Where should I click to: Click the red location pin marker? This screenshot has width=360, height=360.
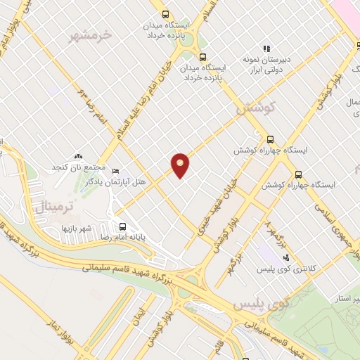pyautogui.click(x=181, y=165)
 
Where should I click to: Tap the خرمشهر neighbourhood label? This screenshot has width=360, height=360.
pyautogui.click(x=92, y=34)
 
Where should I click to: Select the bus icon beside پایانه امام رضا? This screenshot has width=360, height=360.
pyautogui.click(x=123, y=226)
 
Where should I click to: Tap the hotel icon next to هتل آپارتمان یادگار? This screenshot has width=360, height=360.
pyautogui.click(x=116, y=171)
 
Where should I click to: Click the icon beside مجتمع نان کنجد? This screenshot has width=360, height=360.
pyautogui.click(x=77, y=157)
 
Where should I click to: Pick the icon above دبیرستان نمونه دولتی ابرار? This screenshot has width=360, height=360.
pyautogui.click(x=266, y=49)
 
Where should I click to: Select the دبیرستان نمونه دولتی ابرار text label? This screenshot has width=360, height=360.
pyautogui.click(x=266, y=65)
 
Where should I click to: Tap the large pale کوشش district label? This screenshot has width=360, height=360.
pyautogui.click(x=253, y=110)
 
